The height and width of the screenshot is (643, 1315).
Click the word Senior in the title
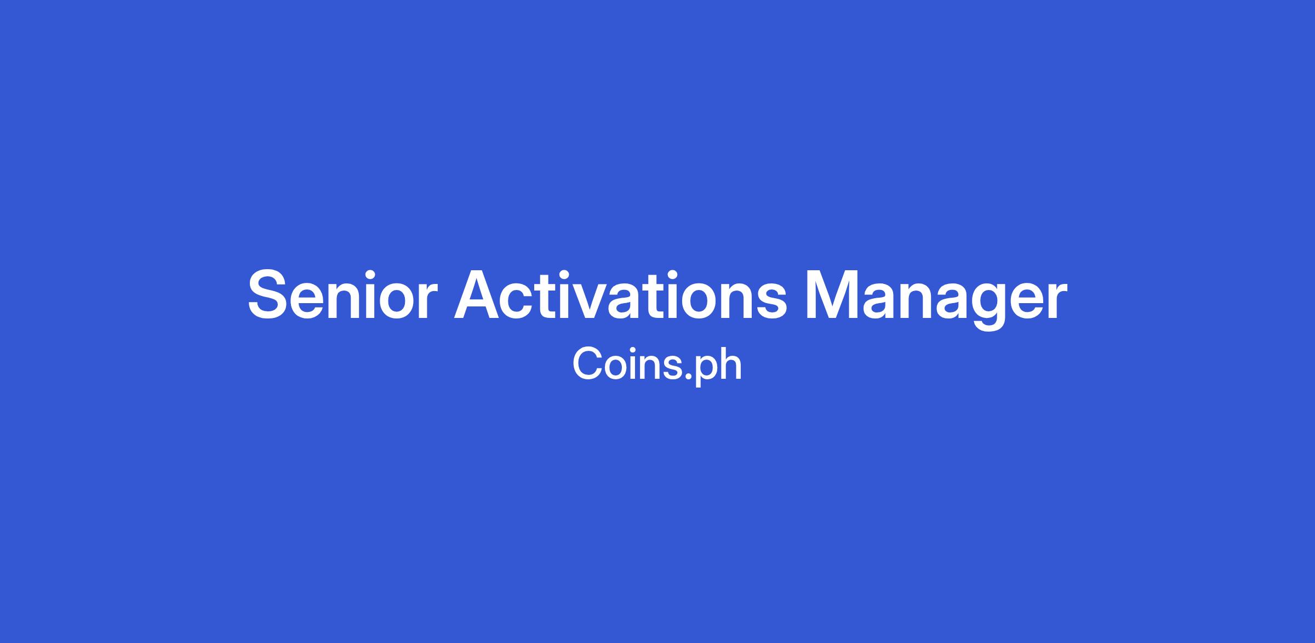[343, 294]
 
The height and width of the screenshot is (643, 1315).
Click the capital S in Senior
[271, 294]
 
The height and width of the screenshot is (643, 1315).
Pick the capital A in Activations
[480, 294]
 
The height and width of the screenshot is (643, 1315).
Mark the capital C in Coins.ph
[588, 363]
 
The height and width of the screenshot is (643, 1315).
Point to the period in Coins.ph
[689, 377]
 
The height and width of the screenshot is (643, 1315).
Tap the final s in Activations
[769, 301]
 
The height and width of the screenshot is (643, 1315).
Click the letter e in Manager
[1024, 301]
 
